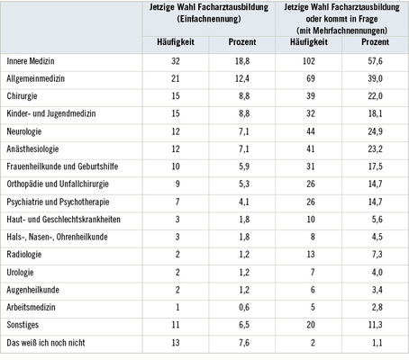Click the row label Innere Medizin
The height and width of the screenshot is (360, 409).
click(x=30, y=61)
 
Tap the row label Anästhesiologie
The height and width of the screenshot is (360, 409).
click(x=33, y=148)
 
